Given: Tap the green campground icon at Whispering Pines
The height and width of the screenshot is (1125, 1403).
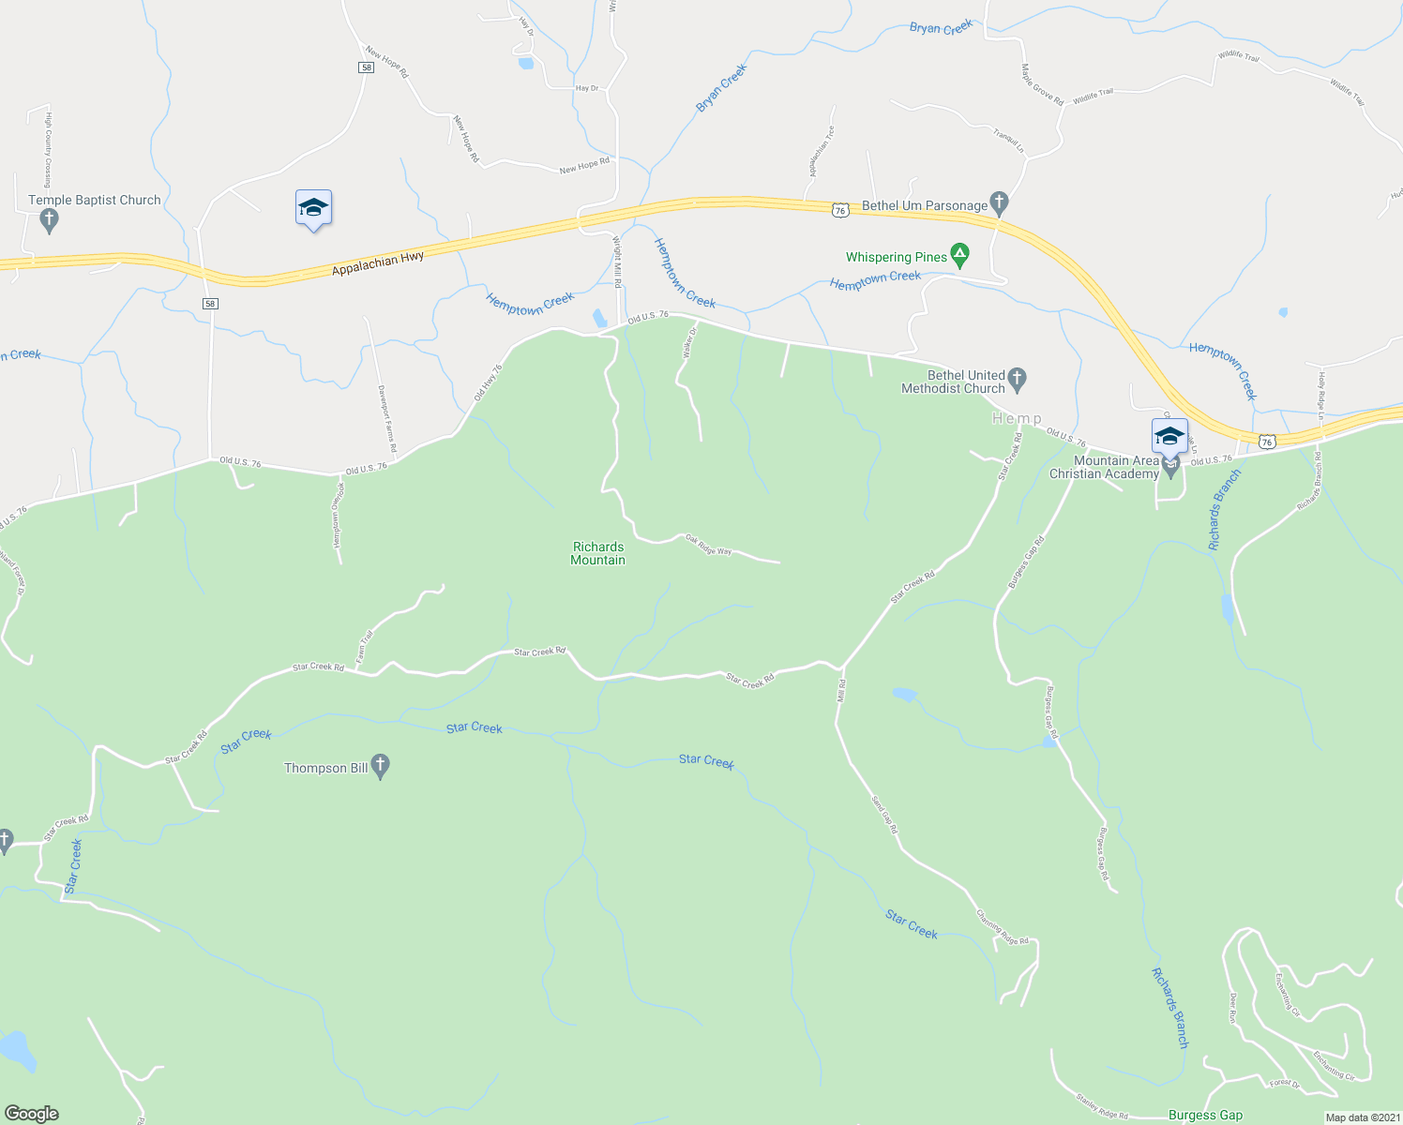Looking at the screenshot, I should pos(959,253).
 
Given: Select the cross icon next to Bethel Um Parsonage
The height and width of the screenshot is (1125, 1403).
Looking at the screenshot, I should pos(999,202).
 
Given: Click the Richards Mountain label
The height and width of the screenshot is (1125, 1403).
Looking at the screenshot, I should pos(598,553).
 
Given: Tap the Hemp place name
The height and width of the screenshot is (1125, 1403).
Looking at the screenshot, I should pos(1017,418).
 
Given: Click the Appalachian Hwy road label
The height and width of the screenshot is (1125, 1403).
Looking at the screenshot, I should pos(378,264).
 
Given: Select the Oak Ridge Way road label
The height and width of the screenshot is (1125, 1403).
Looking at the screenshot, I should pos(708,545).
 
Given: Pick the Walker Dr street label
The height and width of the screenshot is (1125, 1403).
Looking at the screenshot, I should pos(690,343).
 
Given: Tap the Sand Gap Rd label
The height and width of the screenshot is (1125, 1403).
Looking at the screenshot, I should pos(884,815).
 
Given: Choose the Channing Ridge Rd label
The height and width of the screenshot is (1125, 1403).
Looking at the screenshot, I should pos(1003,926).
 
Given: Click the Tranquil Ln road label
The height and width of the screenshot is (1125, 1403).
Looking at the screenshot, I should pos(1008,141).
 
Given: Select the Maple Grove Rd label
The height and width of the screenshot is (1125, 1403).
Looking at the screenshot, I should pos(1042,84).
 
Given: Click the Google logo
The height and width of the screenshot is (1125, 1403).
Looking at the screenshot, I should pos(31,1114).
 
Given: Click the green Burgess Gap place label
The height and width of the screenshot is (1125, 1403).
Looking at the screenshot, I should pos(1205,1115).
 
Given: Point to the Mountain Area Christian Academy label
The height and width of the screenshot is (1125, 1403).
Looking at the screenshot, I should pos(1104,467).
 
